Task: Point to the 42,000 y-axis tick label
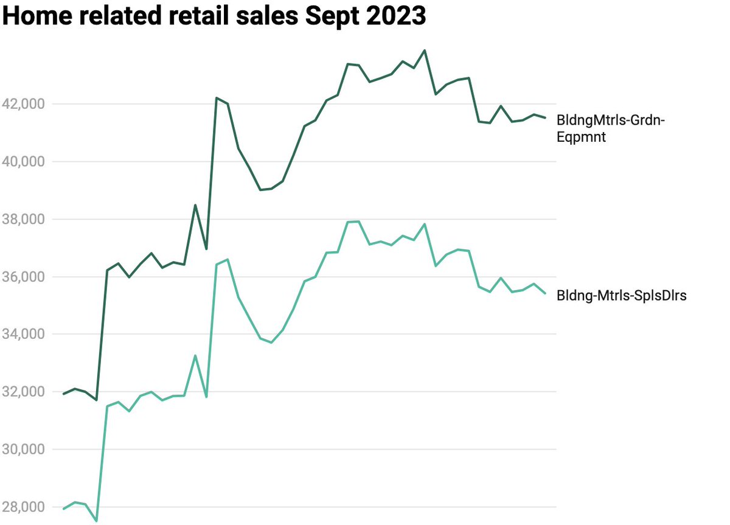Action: tap(24, 104)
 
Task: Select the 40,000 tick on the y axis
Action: tap(24, 162)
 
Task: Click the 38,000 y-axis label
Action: tap(24, 219)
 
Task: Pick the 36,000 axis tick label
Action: tap(24, 277)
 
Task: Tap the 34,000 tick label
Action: tap(24, 334)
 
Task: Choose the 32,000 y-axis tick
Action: tap(24, 392)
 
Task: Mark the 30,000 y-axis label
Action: tap(24, 450)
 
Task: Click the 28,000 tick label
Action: tap(24, 507)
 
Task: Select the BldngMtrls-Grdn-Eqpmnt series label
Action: tap(611, 129)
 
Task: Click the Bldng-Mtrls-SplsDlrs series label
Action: tap(621, 296)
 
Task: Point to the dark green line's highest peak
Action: tap(425, 50)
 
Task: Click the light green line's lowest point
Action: tap(96, 521)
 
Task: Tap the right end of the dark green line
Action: tap(545, 117)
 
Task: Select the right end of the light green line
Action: tap(545, 293)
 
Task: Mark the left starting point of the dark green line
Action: tap(64, 394)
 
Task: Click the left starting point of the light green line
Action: tap(64, 509)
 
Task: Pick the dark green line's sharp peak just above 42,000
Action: tap(217, 97)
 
